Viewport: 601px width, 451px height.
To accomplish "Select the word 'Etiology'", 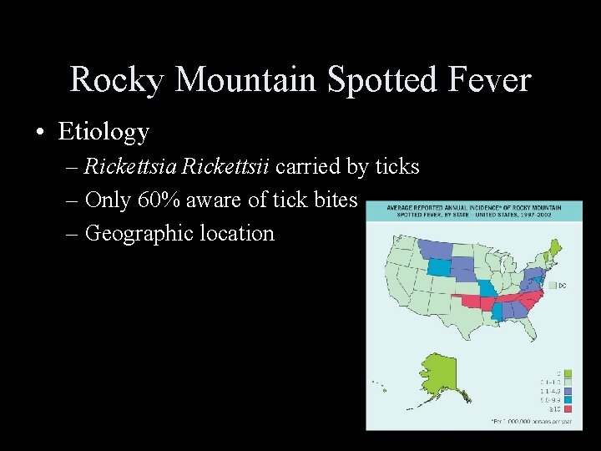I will click(104, 132).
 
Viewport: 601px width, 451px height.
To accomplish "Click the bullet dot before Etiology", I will click(41, 132).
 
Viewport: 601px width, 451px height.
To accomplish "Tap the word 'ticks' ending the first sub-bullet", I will click(396, 166).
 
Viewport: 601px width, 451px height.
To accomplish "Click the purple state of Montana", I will click(435, 248).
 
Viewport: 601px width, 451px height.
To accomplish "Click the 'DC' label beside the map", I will click(562, 286).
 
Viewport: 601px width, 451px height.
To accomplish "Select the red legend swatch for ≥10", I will click(568, 409).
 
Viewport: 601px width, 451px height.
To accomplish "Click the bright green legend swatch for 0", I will click(568, 372).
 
